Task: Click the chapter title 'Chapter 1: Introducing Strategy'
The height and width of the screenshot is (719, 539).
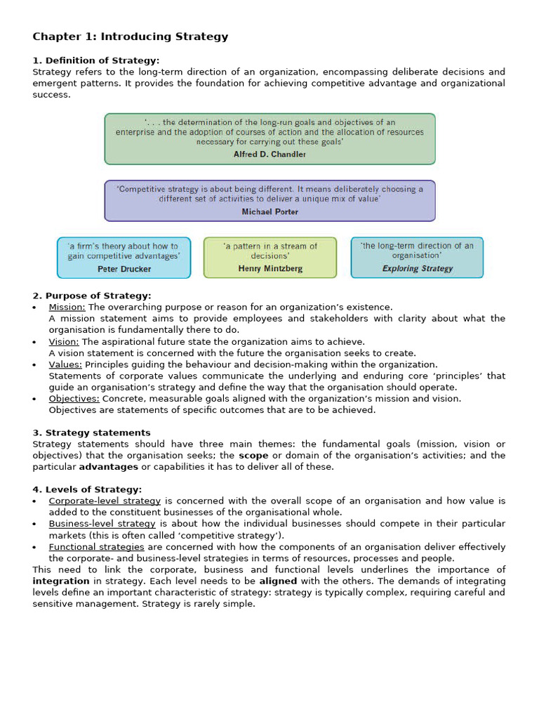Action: point(131,37)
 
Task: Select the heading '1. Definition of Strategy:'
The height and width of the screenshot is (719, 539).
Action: point(96,60)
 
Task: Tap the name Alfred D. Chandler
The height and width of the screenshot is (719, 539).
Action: point(269,154)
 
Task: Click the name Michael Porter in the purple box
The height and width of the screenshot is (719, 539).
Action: point(269,211)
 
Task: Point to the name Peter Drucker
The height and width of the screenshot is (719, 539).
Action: point(124,268)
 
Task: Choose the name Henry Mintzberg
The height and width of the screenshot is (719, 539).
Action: point(270,268)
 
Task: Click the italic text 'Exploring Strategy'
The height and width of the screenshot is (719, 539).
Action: point(417,268)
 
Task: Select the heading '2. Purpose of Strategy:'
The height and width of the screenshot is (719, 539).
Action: point(92,296)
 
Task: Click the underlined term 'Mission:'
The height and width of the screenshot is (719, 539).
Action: point(67,307)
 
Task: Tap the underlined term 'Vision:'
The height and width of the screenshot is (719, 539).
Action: point(64,342)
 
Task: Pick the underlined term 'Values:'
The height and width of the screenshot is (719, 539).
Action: point(65,364)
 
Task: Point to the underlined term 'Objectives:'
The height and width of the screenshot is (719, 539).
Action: point(74,398)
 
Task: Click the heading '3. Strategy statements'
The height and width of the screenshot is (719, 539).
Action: point(92,433)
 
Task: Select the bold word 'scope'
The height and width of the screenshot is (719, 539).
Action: point(253,455)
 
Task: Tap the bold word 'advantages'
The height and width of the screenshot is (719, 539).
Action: point(108,466)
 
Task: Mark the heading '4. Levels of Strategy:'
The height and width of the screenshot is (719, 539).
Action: point(88,489)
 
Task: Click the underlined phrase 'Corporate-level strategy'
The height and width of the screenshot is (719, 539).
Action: point(105,501)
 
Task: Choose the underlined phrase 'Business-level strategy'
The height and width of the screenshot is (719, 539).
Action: point(102,524)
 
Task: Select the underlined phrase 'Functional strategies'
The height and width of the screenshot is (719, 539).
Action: point(96,546)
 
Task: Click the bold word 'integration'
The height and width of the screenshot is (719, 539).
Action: point(61,581)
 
